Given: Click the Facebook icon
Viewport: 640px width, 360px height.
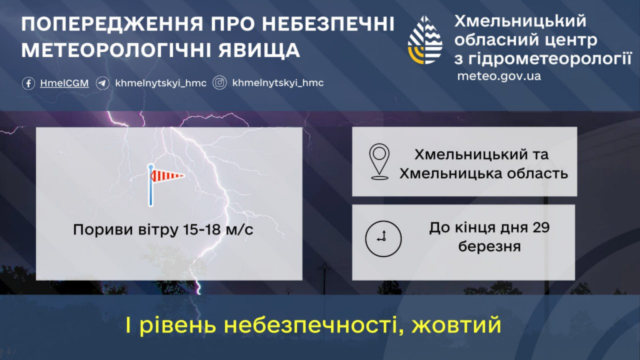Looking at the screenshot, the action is [x=28, y=83].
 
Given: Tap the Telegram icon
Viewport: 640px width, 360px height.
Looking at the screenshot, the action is [x=102, y=83].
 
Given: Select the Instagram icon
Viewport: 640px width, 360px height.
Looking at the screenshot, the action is [x=219, y=83].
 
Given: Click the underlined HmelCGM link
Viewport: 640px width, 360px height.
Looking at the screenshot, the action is [x=64, y=83].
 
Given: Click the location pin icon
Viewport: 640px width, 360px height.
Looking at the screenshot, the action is [x=379, y=162].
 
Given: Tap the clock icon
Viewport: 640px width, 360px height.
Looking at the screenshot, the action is [x=383, y=239].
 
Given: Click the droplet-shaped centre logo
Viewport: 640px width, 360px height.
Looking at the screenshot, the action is [x=425, y=40].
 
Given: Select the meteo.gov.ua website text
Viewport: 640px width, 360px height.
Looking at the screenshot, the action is [x=499, y=76].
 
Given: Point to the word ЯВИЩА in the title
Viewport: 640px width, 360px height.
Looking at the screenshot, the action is [x=259, y=51].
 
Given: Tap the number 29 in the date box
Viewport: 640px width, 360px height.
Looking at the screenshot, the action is [x=541, y=227].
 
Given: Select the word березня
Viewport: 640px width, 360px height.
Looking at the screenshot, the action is [x=489, y=246].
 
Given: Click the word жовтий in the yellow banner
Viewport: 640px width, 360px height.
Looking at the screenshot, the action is [x=456, y=325].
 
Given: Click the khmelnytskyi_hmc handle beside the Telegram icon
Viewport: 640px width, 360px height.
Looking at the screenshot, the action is [x=161, y=83].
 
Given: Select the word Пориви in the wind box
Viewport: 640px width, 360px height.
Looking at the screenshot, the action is [x=103, y=230].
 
